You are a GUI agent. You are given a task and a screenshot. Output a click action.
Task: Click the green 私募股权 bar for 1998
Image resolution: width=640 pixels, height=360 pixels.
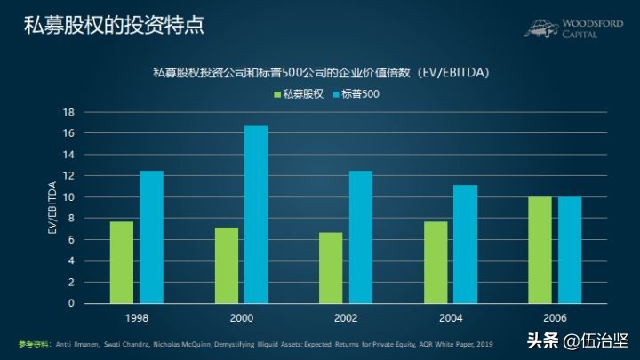pos(122,262)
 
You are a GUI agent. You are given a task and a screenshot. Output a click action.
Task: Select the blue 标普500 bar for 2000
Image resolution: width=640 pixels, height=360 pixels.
pos(256,214)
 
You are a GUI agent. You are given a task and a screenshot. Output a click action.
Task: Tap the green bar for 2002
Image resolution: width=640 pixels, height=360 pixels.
pos(331,268)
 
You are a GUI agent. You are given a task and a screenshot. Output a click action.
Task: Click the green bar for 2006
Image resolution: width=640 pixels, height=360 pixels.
pos(540,250)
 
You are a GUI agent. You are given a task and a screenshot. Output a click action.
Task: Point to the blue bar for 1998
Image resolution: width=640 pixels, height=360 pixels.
pos(152,236)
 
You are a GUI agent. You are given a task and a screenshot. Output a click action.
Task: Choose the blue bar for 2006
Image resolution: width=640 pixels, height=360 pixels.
pos(570,250)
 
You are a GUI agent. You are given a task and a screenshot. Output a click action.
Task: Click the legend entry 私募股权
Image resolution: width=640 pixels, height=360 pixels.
pos(299,93)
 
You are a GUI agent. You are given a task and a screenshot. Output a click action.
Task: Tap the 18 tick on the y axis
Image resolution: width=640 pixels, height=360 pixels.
pos(68,112)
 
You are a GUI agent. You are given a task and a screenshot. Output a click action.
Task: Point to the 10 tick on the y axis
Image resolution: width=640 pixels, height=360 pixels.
pos(68,197)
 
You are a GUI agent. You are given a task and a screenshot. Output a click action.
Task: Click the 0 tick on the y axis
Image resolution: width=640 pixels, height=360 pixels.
pos(70,303)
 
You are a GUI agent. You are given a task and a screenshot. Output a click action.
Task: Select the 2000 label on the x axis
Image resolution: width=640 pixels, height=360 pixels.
pos(241,316)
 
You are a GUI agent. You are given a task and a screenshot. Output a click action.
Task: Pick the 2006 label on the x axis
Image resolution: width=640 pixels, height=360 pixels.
pos(555,316)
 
